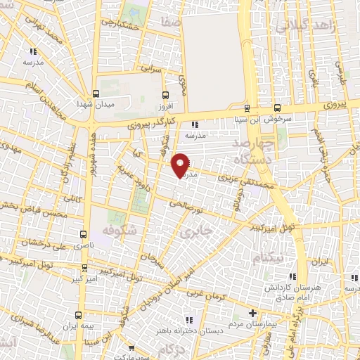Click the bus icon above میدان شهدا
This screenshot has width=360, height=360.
tap(96, 94)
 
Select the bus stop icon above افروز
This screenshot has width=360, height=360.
tap(165, 94)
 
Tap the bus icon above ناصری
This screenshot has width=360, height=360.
tap(84, 234)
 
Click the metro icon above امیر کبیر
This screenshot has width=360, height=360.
tap(84, 268)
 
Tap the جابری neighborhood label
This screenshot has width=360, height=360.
tap(192, 230)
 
